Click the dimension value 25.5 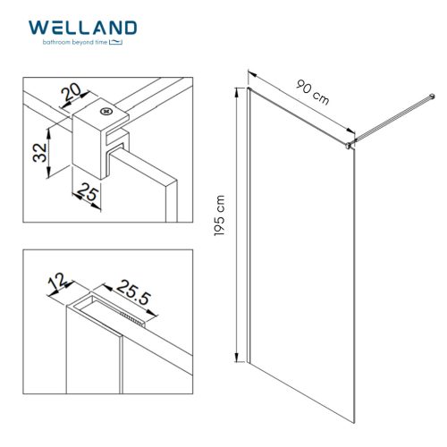[x=128, y=291]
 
